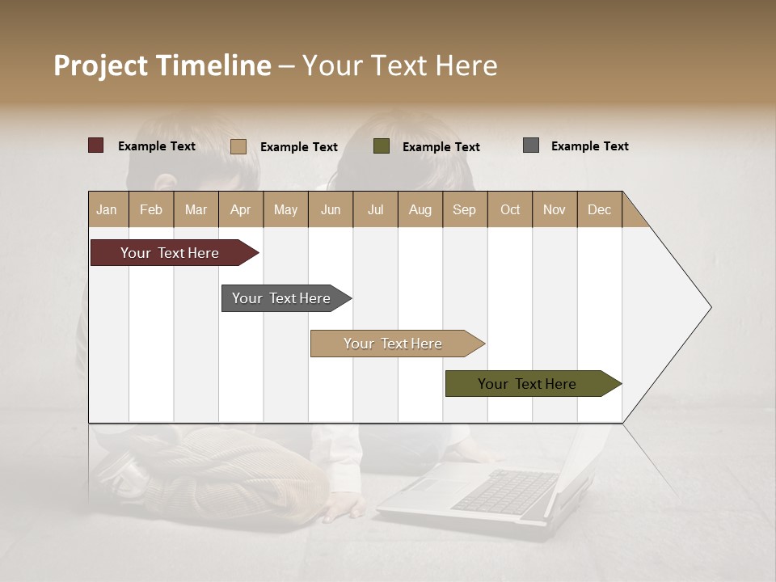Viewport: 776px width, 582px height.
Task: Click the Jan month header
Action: (108, 209)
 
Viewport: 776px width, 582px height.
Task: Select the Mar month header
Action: (196, 209)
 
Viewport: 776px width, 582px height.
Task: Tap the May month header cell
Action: (285, 209)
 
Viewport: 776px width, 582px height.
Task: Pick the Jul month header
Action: (375, 209)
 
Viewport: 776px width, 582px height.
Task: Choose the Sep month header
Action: (464, 209)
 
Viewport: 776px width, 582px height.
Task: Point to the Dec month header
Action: (599, 209)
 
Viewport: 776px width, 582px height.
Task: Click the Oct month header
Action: (510, 209)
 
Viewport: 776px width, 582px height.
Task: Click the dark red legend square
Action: (96, 145)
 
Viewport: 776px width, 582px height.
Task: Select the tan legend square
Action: (238, 146)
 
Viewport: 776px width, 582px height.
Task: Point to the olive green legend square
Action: (382, 146)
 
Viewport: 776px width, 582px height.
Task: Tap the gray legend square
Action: (531, 145)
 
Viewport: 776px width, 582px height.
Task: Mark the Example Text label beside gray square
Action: (589, 146)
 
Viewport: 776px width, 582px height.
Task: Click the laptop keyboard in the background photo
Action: (505, 491)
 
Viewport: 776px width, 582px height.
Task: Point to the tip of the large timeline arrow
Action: (710, 307)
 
